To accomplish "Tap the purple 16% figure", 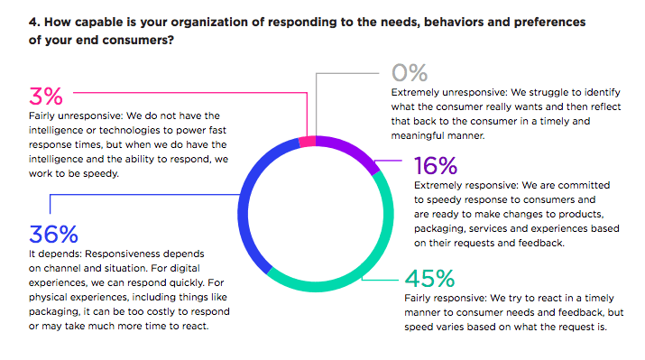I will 437,167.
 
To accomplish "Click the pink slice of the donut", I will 306,141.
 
